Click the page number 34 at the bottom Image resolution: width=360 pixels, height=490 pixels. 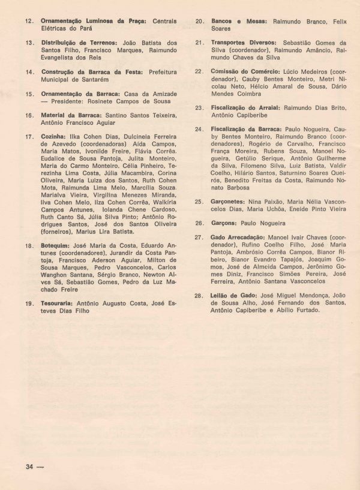(28, 468)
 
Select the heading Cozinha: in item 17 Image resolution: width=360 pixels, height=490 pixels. (53, 137)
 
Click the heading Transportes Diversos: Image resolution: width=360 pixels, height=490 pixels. (244, 43)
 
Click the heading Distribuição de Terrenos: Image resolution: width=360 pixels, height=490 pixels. (76, 43)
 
